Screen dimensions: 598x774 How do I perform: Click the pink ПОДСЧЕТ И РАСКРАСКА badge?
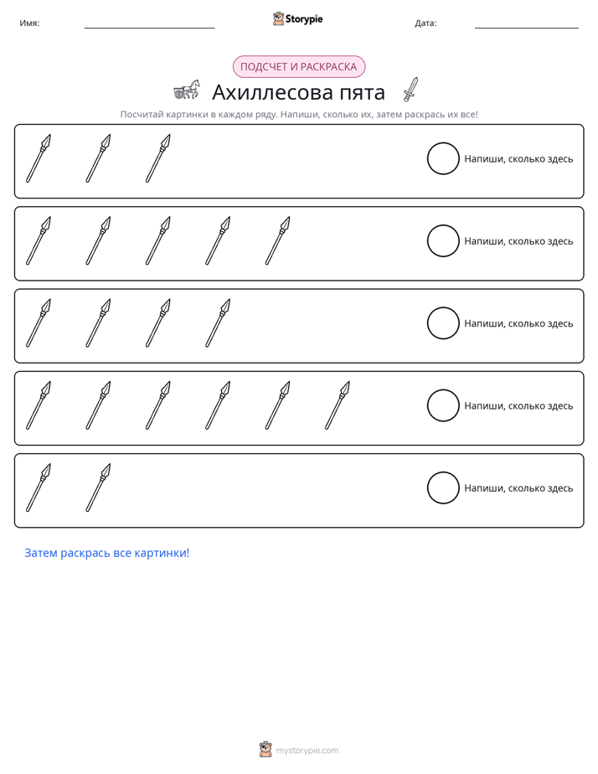pyautogui.click(x=298, y=67)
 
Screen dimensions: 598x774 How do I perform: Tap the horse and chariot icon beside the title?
pyautogui.click(x=187, y=90)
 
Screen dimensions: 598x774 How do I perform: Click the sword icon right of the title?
pyautogui.click(x=410, y=90)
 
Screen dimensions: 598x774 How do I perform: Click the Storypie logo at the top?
pyautogui.click(x=297, y=18)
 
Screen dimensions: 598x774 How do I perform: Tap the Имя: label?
pyautogui.click(x=29, y=23)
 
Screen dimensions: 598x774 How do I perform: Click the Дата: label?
pyautogui.click(x=425, y=23)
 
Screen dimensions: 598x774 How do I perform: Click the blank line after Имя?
pyautogui.click(x=149, y=28)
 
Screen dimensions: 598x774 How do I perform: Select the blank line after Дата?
pyautogui.click(x=527, y=28)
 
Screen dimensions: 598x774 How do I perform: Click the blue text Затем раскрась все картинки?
pyautogui.click(x=107, y=553)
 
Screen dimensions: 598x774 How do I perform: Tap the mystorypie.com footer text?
pyautogui.click(x=307, y=751)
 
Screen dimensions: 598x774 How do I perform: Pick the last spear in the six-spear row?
pyautogui.click(x=338, y=405)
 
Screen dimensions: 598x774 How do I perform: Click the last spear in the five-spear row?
pyautogui.click(x=278, y=241)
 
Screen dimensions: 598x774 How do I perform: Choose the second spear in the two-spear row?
pyautogui.click(x=98, y=488)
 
